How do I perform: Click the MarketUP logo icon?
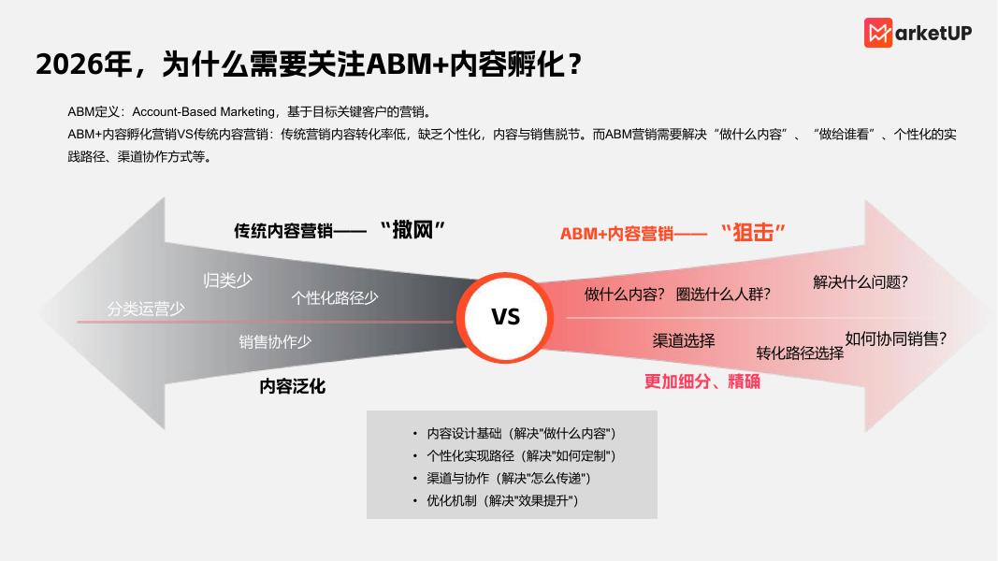(x=878, y=33)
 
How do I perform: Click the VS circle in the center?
(x=505, y=317)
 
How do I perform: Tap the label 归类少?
(x=227, y=280)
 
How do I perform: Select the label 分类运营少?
(x=146, y=309)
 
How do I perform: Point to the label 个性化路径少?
(x=334, y=297)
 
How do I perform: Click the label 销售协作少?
(x=275, y=342)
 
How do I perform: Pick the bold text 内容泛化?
(x=292, y=386)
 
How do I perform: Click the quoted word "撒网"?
(x=412, y=229)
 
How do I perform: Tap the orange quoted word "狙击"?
(x=753, y=232)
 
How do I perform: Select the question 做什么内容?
(x=625, y=294)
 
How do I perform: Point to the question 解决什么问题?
(x=861, y=282)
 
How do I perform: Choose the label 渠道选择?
(x=684, y=340)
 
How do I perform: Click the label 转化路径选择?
(x=800, y=352)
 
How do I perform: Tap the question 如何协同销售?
(x=895, y=338)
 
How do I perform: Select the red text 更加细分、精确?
(x=701, y=381)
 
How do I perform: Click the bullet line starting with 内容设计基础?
(x=521, y=434)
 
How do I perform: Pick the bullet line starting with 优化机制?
(x=502, y=501)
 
